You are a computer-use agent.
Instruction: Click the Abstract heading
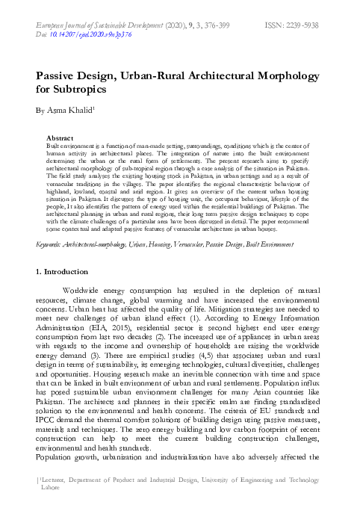click(60, 138)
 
